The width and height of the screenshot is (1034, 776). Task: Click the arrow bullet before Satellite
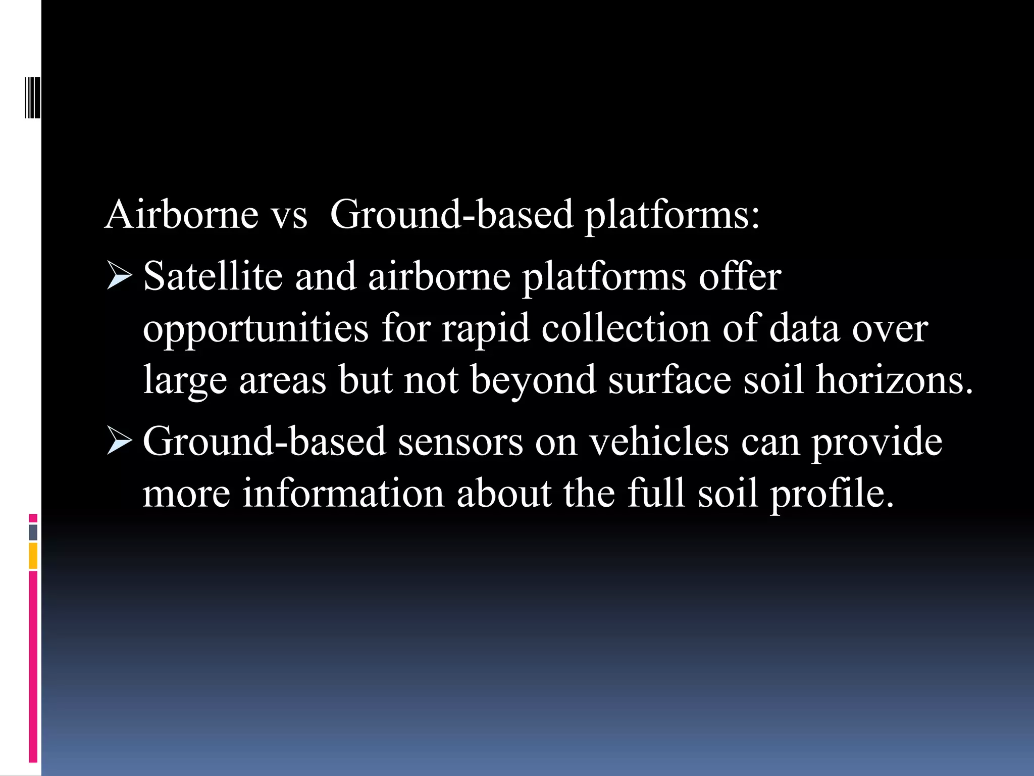pyautogui.click(x=119, y=277)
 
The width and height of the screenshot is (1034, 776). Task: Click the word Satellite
pyautogui.click(x=213, y=276)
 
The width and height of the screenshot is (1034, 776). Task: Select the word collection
pyautogui.click(x=626, y=328)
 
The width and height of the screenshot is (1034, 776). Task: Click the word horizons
pyautogui.click(x=894, y=380)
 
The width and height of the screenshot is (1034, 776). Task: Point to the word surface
pyautogui.click(x=669, y=380)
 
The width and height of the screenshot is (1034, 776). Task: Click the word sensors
pyautogui.click(x=460, y=442)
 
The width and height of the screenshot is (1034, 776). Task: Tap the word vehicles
pyautogui.click(x=659, y=442)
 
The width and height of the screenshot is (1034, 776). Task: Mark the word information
pyautogui.click(x=343, y=494)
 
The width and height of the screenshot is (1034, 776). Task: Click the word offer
pyautogui.click(x=740, y=276)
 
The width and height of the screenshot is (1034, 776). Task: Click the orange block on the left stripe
pyautogui.click(x=33, y=555)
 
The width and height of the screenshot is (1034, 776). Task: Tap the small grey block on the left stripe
pyautogui.click(x=33, y=532)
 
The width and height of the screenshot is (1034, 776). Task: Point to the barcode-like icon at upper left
pyautogui.click(x=32, y=97)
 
